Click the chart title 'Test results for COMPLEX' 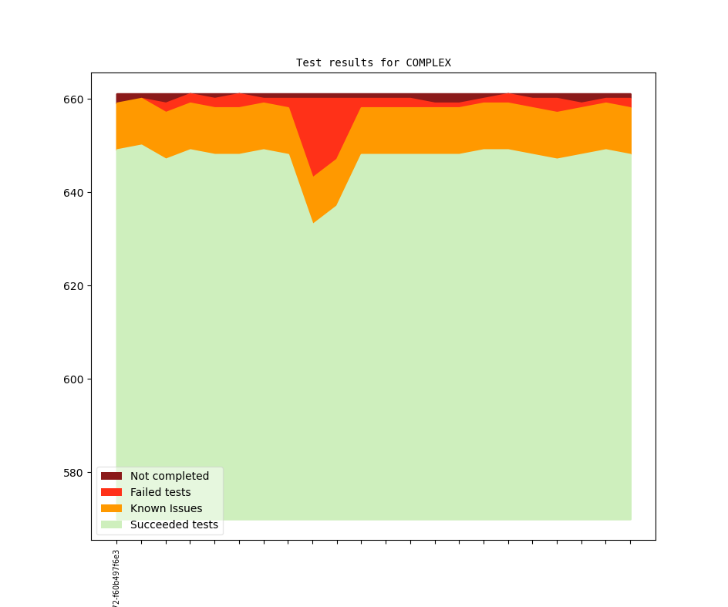(x=373, y=62)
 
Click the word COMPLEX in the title (x=428, y=62)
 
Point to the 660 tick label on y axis (x=73, y=99)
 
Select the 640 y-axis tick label (x=73, y=193)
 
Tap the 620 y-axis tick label (x=73, y=286)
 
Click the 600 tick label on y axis (x=73, y=379)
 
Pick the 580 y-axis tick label (x=73, y=473)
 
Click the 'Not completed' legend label (x=170, y=476)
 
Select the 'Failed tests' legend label (x=160, y=492)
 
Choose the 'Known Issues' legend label (x=166, y=508)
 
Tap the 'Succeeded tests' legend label (x=174, y=524)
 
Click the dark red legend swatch (x=111, y=476)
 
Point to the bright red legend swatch (x=111, y=492)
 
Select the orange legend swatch (x=111, y=508)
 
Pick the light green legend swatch (x=111, y=524)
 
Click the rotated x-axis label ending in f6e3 (x=116, y=578)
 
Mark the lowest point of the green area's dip (x=313, y=223)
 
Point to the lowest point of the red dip (x=313, y=176)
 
